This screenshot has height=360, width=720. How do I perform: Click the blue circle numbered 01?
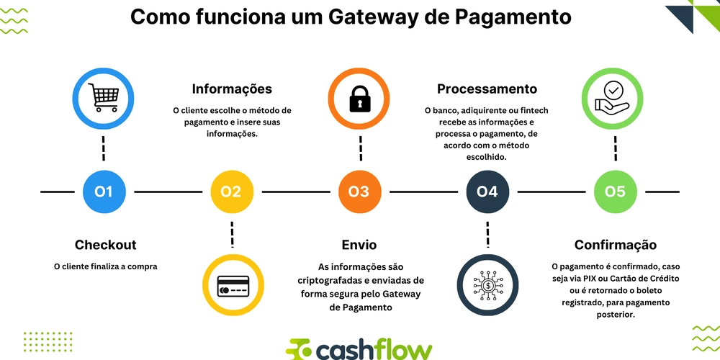click(104, 192)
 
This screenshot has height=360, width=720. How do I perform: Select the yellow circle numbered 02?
click(231, 192)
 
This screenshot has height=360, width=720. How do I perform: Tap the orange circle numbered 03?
click(359, 192)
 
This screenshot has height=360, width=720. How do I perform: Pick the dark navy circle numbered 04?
click(487, 192)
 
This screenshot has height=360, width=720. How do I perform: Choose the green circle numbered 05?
click(615, 192)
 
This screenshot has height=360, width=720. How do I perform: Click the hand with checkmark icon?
click(615, 99)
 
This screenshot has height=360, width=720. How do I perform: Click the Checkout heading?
click(105, 246)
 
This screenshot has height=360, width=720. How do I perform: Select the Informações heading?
click(232, 89)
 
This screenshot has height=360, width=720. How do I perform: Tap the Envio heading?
click(359, 246)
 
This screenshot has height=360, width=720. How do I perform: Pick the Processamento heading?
click(487, 89)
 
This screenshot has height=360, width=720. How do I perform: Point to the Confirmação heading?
click(615, 246)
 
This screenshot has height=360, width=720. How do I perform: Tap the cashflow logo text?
click(374, 350)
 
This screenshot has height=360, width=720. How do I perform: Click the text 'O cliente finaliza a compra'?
click(105, 266)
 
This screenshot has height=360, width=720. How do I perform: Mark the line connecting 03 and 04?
click(423, 192)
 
